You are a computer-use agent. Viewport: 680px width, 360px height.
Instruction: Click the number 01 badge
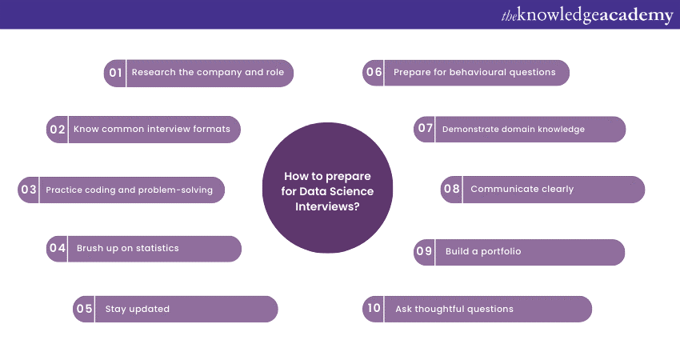pyautogui.click(x=116, y=73)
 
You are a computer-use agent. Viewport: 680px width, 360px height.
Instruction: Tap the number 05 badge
pyautogui.click(x=84, y=309)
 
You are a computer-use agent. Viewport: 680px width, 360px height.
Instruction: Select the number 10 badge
pyautogui.click(x=374, y=309)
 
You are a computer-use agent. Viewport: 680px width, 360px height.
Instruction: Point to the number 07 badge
pyautogui.click(x=425, y=129)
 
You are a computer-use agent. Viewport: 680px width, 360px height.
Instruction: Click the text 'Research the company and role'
pyautogui.click(x=208, y=73)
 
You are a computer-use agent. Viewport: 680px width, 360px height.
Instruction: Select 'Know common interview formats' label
pyautogui.click(x=152, y=129)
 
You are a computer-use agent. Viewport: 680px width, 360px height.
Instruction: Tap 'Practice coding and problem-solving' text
pyautogui.click(x=130, y=190)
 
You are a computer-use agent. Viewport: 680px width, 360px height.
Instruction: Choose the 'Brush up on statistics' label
pyautogui.click(x=128, y=249)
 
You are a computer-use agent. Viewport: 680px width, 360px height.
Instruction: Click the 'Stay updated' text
pyautogui.click(x=138, y=309)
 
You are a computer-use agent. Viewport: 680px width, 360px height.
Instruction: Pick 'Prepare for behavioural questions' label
pyautogui.click(x=474, y=73)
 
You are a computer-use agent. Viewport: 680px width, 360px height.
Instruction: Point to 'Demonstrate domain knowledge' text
pyautogui.click(x=514, y=129)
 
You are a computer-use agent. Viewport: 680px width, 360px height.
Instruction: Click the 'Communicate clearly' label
pyautogui.click(x=522, y=190)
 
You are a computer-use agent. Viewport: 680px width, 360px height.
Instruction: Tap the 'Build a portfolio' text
pyautogui.click(x=483, y=252)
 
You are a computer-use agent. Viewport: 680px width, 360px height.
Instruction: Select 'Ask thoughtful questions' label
pyautogui.click(x=454, y=309)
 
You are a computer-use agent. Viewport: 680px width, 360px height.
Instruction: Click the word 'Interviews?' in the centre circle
pyautogui.click(x=327, y=206)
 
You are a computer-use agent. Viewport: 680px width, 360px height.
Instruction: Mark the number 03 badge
pyautogui.click(x=29, y=190)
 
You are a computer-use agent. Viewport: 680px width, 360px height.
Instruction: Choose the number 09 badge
pyautogui.click(x=425, y=252)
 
